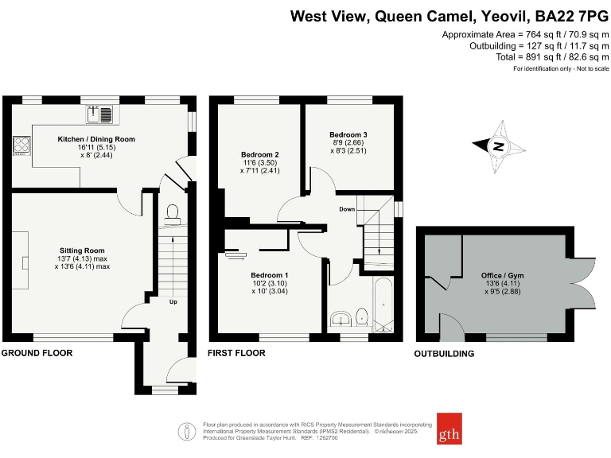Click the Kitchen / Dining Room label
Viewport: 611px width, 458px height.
(x=96, y=139)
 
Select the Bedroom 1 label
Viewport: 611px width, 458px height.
(x=270, y=275)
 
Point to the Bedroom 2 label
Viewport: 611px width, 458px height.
(x=259, y=154)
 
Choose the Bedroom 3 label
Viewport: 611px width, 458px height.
(x=348, y=134)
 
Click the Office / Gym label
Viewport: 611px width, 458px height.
(x=502, y=275)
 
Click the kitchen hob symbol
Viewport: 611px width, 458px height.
(x=21, y=146)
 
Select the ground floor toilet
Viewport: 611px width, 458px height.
(x=172, y=212)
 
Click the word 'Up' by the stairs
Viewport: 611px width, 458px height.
(x=173, y=301)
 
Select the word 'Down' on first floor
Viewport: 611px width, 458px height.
(x=347, y=209)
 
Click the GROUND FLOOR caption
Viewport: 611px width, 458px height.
(x=37, y=352)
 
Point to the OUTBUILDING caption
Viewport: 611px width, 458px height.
(x=444, y=354)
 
